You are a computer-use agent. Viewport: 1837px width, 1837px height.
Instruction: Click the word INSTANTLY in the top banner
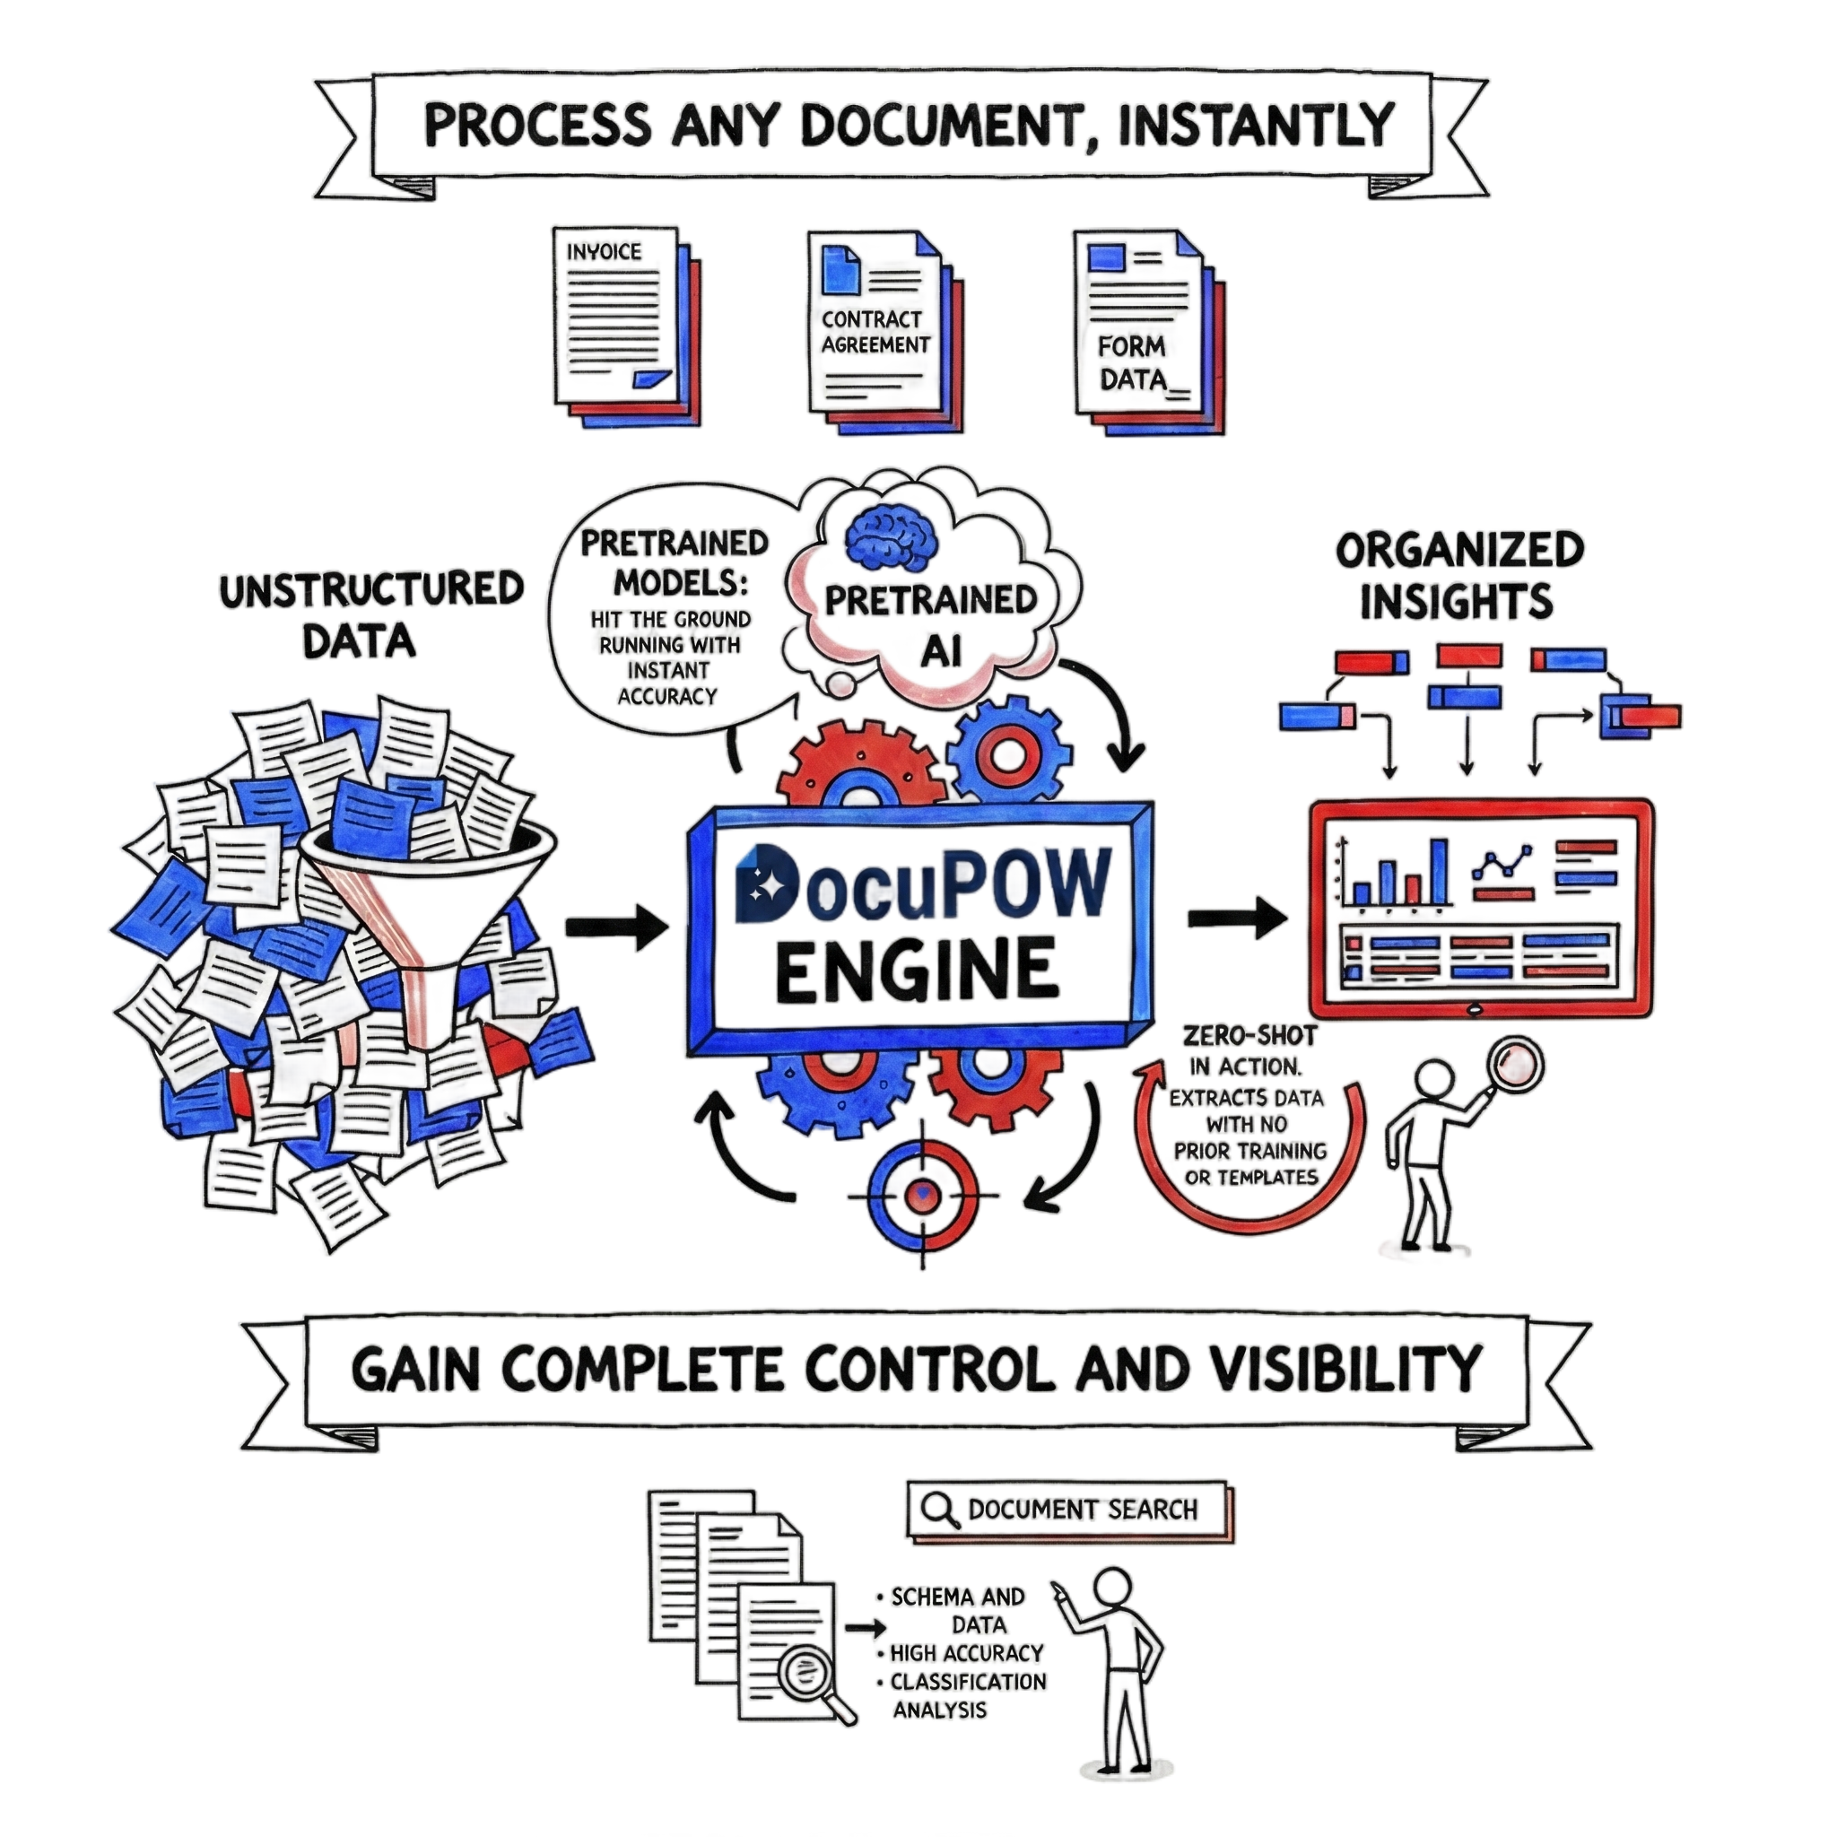coord(1255,126)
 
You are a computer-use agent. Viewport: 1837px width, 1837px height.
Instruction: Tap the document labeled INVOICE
coord(616,318)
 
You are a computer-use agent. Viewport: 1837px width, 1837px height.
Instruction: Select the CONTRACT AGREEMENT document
coord(874,328)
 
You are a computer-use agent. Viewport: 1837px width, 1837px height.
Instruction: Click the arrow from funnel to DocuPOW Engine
coord(618,924)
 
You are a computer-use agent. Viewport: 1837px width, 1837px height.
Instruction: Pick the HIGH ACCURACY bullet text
coord(966,1653)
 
